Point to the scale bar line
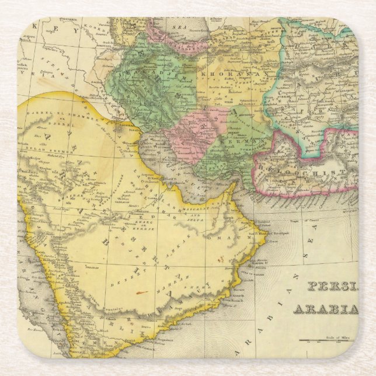pyautogui.click(x=327, y=340)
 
